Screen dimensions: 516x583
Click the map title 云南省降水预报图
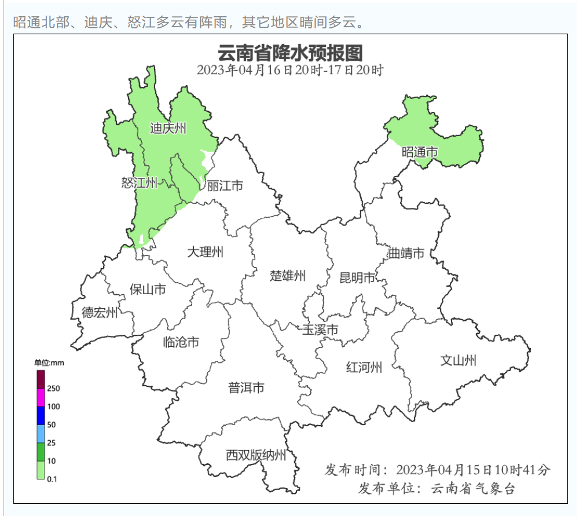click(x=290, y=54)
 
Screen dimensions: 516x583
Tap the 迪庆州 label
click(x=168, y=129)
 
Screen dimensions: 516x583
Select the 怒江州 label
click(x=140, y=184)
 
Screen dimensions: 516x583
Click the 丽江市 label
click(x=225, y=186)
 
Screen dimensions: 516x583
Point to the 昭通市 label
click(x=420, y=152)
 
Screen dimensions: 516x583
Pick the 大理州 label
click(x=206, y=252)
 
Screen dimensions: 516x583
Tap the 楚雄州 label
click(x=288, y=276)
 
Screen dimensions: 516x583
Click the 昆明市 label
click(x=357, y=278)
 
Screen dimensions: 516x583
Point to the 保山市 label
click(x=148, y=289)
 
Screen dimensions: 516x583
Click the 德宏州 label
click(x=99, y=313)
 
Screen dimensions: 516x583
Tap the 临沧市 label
click(x=181, y=342)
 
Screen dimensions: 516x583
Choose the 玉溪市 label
click(x=320, y=330)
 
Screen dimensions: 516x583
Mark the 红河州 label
click(x=364, y=368)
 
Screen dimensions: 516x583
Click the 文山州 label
click(x=459, y=361)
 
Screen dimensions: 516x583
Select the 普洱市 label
click(x=246, y=387)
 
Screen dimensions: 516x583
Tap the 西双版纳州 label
click(x=256, y=456)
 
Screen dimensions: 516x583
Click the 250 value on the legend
click(x=53, y=388)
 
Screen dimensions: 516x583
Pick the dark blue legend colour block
click(x=41, y=415)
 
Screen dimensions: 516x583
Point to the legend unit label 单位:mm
click(x=49, y=363)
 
